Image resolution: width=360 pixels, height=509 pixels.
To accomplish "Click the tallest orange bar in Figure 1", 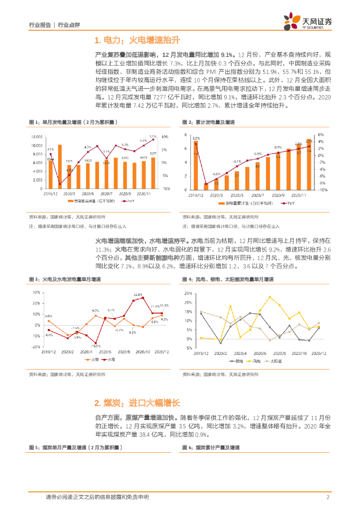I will point(60,162).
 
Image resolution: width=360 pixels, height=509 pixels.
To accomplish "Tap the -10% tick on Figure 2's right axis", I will point(322,189).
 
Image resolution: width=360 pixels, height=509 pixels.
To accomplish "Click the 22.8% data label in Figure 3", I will point(137,295).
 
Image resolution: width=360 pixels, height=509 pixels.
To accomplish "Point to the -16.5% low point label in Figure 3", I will point(95,345).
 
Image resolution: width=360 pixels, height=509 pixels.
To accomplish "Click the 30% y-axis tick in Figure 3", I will point(36,292).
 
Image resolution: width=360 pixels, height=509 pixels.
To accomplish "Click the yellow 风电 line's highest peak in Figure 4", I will point(270,297).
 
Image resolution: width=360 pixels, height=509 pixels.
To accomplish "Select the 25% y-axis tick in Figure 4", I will point(188,293).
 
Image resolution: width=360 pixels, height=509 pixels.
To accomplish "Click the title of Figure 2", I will point(208,122).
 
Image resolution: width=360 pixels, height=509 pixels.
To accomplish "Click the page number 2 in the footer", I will point(328,497).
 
